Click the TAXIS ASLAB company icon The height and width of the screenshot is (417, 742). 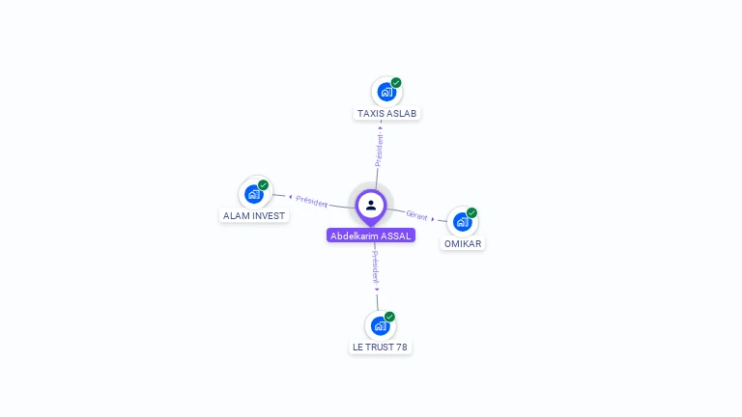[386, 93]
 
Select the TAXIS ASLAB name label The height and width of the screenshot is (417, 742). [386, 114]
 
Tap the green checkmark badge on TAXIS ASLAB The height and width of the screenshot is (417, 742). [396, 83]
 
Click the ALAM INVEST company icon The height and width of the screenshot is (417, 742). [255, 194]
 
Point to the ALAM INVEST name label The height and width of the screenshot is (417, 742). [254, 216]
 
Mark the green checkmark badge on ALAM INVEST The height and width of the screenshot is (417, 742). [264, 184]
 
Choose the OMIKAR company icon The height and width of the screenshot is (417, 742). [462, 222]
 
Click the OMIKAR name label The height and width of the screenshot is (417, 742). [463, 244]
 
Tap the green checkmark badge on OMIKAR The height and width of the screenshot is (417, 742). [471, 212]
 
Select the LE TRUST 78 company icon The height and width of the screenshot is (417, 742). [380, 326]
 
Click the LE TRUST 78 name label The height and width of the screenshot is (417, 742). [380, 347]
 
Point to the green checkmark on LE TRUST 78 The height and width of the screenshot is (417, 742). [389, 317]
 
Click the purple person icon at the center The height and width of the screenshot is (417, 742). [371, 206]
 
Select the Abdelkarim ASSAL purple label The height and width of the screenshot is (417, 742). [371, 236]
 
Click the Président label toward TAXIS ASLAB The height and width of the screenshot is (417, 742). [380, 150]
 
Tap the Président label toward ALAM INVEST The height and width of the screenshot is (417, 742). [312, 201]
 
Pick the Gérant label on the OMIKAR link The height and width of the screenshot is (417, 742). [416, 215]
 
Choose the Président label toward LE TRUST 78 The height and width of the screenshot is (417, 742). [375, 266]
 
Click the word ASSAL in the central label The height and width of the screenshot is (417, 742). [396, 236]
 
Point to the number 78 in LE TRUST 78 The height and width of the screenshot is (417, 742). [401, 347]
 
